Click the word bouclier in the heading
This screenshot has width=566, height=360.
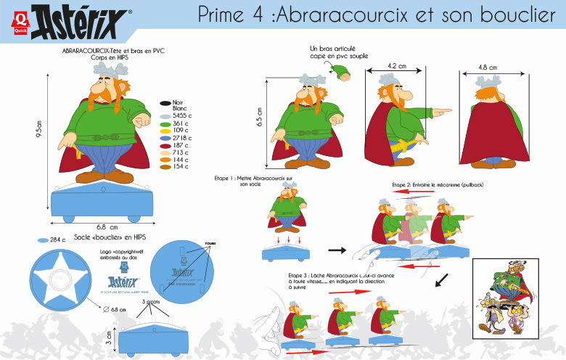[x=512, y=15]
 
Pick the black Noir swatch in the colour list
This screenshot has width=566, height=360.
[x=165, y=102]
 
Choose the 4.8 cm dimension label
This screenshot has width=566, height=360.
[x=488, y=67]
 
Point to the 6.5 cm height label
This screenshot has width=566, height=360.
[x=260, y=117]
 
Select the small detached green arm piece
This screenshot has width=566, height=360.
[x=340, y=70]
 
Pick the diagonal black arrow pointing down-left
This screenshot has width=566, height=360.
[x=440, y=279]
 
